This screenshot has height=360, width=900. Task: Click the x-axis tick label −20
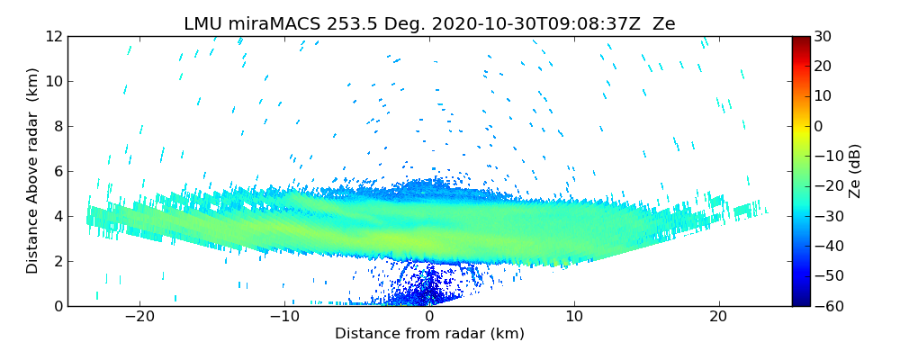tap(139, 318)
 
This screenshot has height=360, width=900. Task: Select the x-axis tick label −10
tap(284, 318)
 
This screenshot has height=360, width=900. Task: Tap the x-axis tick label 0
tap(429, 318)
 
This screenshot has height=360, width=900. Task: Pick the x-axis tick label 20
tap(718, 318)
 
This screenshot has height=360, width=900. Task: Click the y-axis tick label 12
tap(52, 37)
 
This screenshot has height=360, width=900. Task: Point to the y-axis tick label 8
tap(56, 127)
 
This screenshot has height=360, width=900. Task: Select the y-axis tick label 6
tap(56, 172)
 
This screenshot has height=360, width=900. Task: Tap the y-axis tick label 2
tap(56, 262)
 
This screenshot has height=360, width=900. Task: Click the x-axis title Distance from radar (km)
tap(429, 334)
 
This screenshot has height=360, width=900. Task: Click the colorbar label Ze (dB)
tap(855, 171)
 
